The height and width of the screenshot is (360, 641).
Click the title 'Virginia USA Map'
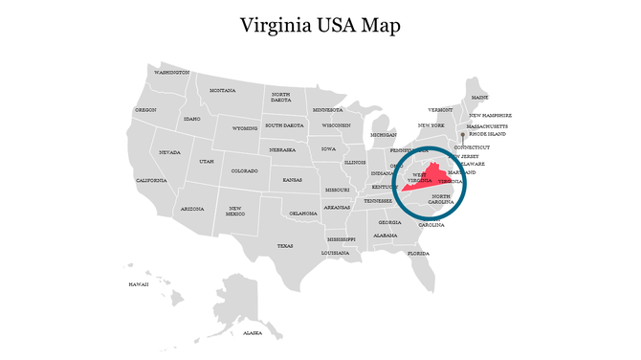tap(320, 25)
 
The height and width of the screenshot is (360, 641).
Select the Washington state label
tap(172, 72)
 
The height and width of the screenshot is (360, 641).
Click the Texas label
tap(285, 245)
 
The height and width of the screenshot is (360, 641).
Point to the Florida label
tap(418, 253)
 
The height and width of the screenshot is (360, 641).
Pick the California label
tap(151, 180)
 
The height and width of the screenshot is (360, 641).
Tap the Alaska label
tap(253, 333)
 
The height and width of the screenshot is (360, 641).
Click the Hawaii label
tap(139, 284)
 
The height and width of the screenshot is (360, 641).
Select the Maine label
tap(479, 97)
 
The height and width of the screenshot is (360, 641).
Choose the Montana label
tap(222, 90)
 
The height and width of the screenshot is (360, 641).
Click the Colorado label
tap(245, 170)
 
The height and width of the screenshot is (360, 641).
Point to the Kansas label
tap(293, 179)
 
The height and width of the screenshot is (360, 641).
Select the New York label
tap(431, 125)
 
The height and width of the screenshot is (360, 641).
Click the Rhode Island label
tap(488, 134)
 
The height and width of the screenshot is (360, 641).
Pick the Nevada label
tap(169, 152)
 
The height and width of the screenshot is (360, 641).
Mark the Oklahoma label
tap(303, 213)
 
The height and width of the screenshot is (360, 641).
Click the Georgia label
tap(389, 222)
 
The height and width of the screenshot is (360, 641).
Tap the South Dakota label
tap(284, 125)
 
